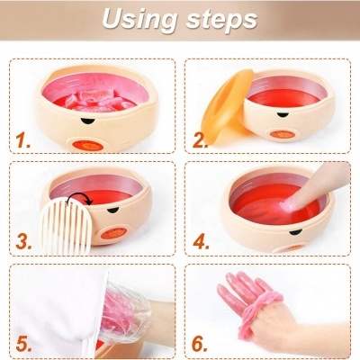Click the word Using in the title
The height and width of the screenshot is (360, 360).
tap(139, 20)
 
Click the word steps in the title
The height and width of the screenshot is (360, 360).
tap(221, 19)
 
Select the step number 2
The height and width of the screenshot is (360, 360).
tap(200, 140)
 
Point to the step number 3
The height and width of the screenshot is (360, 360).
tap(23, 241)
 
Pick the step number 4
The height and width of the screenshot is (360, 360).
tap(201, 241)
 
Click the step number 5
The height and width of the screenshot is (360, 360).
tap(23, 344)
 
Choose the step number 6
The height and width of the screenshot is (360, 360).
tap(200, 344)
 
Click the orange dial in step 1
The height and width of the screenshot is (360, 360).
tap(88, 146)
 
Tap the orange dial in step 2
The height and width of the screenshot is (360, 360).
tap(282, 134)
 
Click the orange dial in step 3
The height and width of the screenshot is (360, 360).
tap(113, 233)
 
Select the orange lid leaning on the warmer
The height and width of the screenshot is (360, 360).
tap(227, 106)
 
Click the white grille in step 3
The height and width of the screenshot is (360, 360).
tap(67, 226)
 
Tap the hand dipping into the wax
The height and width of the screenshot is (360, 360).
tap(312, 186)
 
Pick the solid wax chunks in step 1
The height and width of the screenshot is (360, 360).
tap(98, 101)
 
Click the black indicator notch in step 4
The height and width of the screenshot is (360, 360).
tap(295, 231)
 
